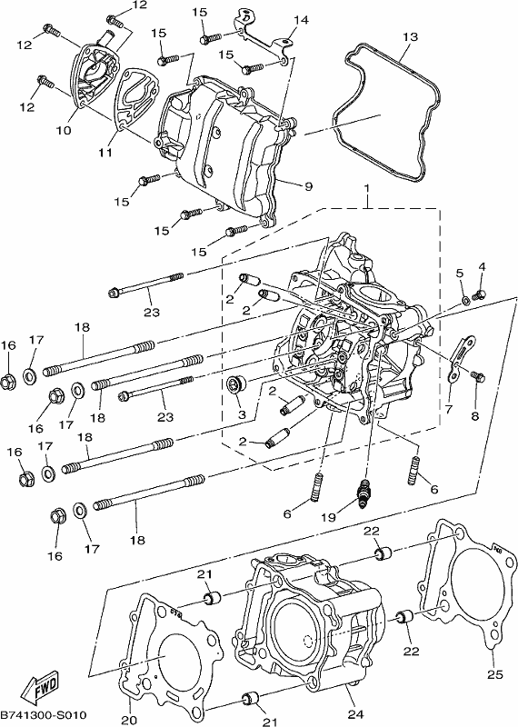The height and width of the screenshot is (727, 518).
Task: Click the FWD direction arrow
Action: [42, 685]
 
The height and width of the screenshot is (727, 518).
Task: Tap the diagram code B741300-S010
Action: [44, 715]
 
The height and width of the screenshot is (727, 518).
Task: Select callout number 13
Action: [411, 36]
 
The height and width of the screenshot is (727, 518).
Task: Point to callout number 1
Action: [366, 189]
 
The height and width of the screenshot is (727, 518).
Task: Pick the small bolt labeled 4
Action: [479, 294]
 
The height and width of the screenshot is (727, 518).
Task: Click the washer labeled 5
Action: [465, 302]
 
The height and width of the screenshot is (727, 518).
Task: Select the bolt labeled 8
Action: [478, 376]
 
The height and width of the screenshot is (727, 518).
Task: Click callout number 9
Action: [308, 187]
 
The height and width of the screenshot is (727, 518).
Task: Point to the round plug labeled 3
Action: [236, 385]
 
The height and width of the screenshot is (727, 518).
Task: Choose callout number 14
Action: [301, 20]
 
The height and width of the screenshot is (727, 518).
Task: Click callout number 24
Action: [355, 714]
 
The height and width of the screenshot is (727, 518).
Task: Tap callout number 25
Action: [494, 674]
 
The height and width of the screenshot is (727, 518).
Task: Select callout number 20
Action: [129, 721]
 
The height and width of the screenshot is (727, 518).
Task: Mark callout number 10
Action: [64, 130]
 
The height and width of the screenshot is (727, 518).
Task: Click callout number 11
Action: [105, 152]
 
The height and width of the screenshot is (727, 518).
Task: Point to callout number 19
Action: [328, 517]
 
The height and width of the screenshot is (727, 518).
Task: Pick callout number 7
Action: [449, 410]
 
